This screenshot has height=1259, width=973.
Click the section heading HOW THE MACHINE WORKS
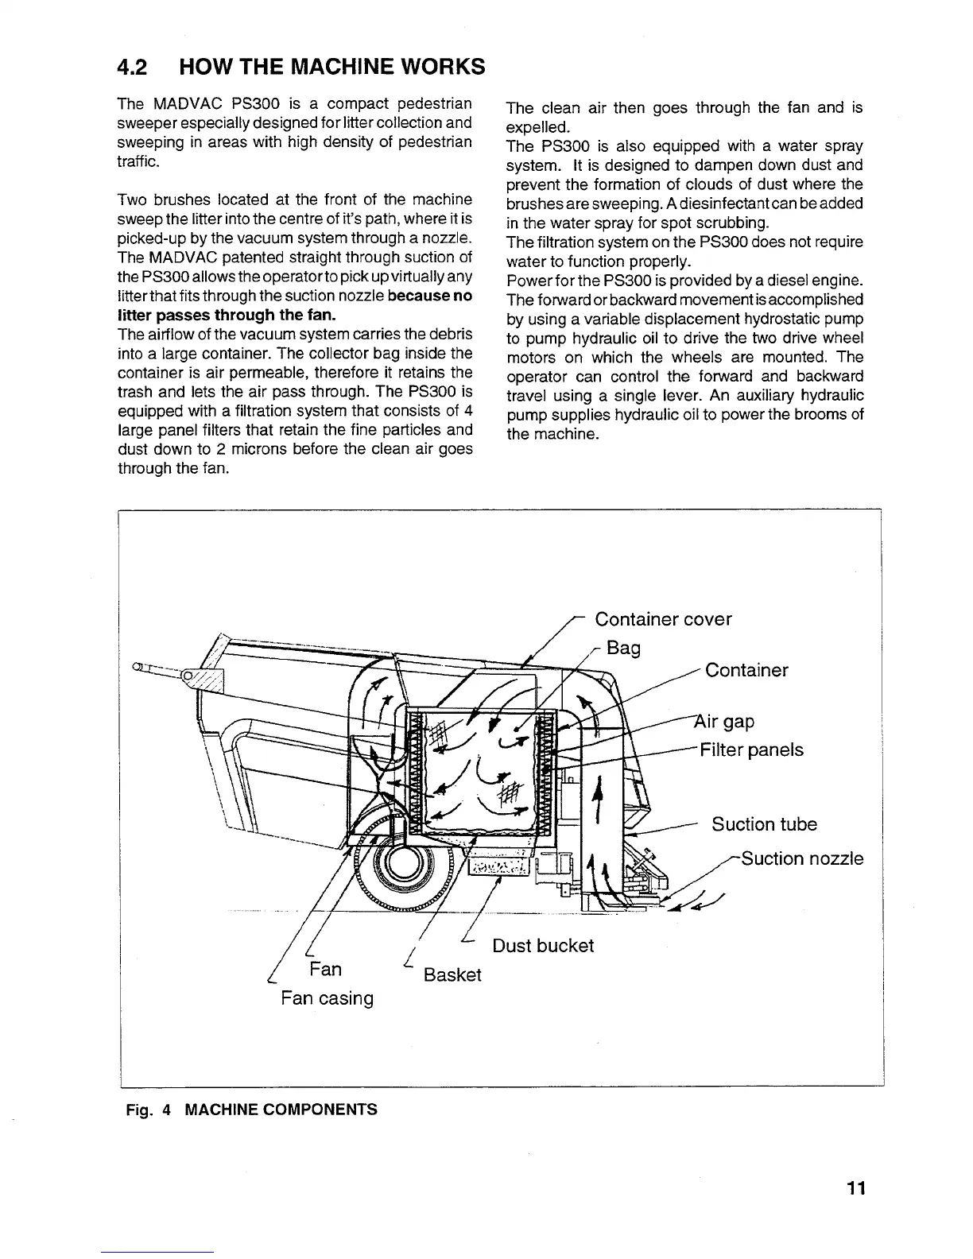coord(332,67)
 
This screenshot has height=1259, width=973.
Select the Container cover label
coord(663,619)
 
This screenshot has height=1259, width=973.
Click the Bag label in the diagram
coord(623,648)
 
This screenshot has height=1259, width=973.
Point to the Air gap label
coord(725,722)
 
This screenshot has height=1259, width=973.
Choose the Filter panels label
coord(751,750)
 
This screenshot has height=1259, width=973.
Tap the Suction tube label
coord(764,824)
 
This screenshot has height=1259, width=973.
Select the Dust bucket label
coord(543,946)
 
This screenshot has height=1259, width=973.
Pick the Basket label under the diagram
coord(452,975)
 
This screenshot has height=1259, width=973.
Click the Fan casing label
coord(327,998)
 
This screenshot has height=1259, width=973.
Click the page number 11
coord(855,1189)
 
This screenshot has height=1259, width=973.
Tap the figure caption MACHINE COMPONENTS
coord(281,1109)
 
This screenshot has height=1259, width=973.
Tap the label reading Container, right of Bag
coord(746,670)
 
